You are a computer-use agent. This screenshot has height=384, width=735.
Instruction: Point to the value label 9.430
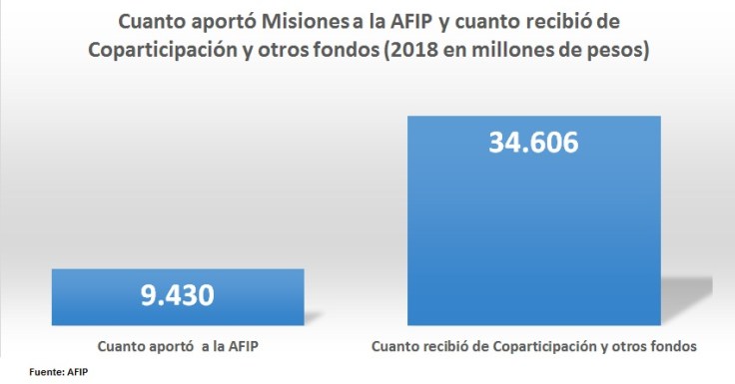(178, 297)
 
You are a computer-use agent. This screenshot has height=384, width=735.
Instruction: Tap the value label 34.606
(533, 143)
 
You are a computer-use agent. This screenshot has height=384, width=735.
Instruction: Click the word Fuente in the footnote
(46, 371)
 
